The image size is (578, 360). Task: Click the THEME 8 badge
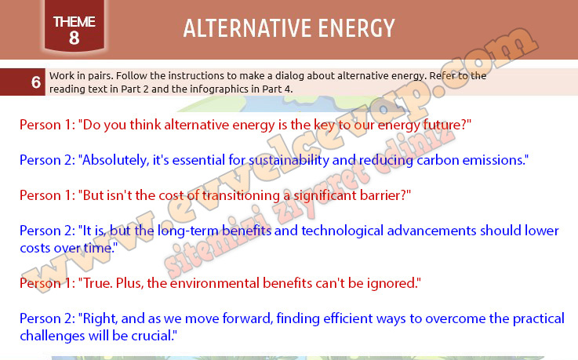(x=74, y=25)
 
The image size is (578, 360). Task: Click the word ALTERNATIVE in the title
(x=247, y=28)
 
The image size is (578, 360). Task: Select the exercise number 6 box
(x=23, y=82)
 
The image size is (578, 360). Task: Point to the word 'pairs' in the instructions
(x=100, y=76)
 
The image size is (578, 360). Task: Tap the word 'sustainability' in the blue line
(x=289, y=160)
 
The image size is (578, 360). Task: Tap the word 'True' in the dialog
(x=97, y=283)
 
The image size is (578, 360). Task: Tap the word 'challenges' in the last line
(x=52, y=336)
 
